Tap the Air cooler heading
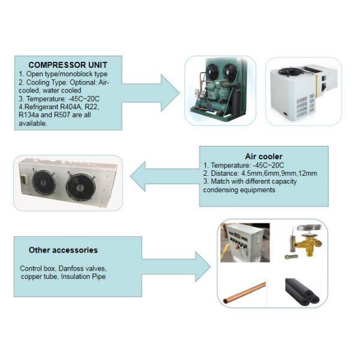click(263, 155)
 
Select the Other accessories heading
click(63, 250)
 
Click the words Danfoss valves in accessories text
click(85, 269)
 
